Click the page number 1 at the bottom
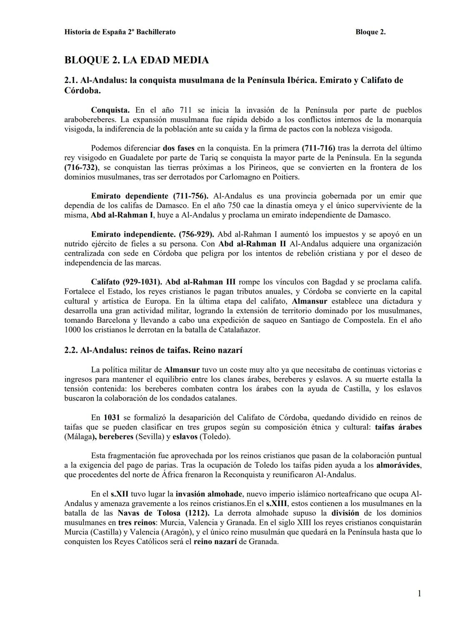(x=419, y=594)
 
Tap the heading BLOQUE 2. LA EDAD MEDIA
(x=136, y=60)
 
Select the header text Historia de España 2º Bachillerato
(x=120, y=32)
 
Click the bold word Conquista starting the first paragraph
(x=110, y=110)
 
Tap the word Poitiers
(x=285, y=177)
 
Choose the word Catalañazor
(x=239, y=330)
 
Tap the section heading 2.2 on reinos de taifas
(x=153, y=350)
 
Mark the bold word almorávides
(x=399, y=465)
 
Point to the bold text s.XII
(x=119, y=494)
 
